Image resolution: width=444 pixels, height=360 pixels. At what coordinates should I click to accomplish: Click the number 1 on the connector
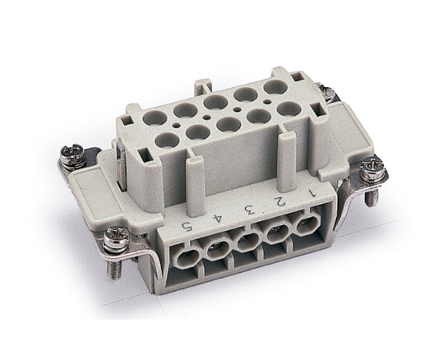click(312, 193)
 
